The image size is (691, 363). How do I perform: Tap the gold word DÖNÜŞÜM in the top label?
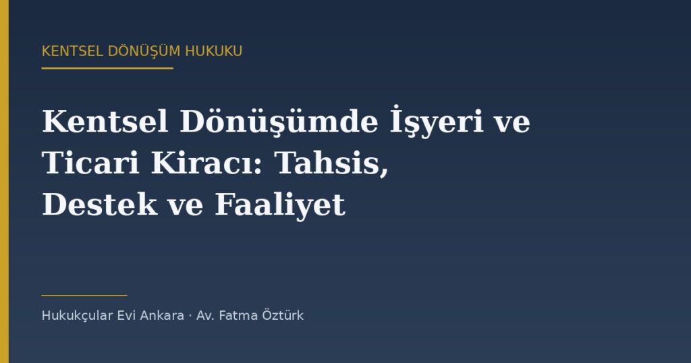click(x=144, y=51)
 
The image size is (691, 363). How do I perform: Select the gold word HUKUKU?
click(x=214, y=51)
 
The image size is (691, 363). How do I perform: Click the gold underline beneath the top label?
click(x=107, y=68)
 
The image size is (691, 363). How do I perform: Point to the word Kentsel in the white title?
click(x=105, y=121)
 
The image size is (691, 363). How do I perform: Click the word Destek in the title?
click(x=100, y=204)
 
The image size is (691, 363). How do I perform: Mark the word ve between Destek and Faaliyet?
click(x=186, y=207)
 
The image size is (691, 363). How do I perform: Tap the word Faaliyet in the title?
click(x=280, y=205)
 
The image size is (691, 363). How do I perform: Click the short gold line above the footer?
click(x=84, y=296)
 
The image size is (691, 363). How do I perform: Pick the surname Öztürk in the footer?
click(x=283, y=315)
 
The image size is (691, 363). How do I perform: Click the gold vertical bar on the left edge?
click(x=5, y=181)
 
